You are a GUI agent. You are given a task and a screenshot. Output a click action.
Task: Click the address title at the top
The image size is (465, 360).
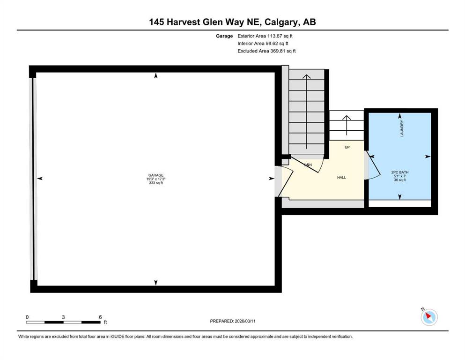tap(232, 22)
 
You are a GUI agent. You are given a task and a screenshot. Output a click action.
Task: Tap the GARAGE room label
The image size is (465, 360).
tap(156, 175)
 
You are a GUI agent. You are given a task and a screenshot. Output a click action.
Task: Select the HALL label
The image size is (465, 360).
tap(341, 178)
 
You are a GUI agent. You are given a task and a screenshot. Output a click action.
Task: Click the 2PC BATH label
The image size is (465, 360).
tap(400, 172)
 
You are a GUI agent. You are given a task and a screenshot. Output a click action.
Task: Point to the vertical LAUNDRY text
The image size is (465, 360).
tap(402, 128)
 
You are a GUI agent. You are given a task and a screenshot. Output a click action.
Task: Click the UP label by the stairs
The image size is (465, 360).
tap(347, 147)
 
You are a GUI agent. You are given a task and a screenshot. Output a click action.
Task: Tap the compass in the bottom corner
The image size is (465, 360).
tap(429, 317)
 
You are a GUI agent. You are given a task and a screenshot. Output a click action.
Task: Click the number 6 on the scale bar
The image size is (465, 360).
tap(100, 317)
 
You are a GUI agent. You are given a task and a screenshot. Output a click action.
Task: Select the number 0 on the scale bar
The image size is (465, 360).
tap(27, 317)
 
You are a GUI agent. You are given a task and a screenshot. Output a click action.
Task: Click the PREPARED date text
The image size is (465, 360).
tap(233, 321)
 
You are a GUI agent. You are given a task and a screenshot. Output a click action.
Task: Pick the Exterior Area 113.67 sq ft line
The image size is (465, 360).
tap(265, 36)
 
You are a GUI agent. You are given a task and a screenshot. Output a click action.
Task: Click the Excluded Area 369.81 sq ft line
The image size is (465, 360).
tap(266, 51)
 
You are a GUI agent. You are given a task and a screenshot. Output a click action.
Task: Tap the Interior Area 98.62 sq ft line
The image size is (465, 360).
tap(263, 43)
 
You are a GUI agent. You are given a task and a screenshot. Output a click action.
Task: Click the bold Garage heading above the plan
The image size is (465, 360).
tap(224, 36)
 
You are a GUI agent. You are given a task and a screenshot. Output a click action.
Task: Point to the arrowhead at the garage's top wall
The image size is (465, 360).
tap(155, 75)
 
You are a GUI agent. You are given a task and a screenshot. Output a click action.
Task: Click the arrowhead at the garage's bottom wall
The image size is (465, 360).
tap(155, 283)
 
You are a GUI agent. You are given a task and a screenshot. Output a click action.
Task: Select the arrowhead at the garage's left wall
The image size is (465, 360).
tap(40, 179)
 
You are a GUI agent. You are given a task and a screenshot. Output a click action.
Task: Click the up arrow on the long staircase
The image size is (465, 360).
tap(306, 112)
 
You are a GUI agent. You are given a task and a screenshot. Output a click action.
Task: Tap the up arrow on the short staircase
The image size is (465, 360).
tap(347, 125)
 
